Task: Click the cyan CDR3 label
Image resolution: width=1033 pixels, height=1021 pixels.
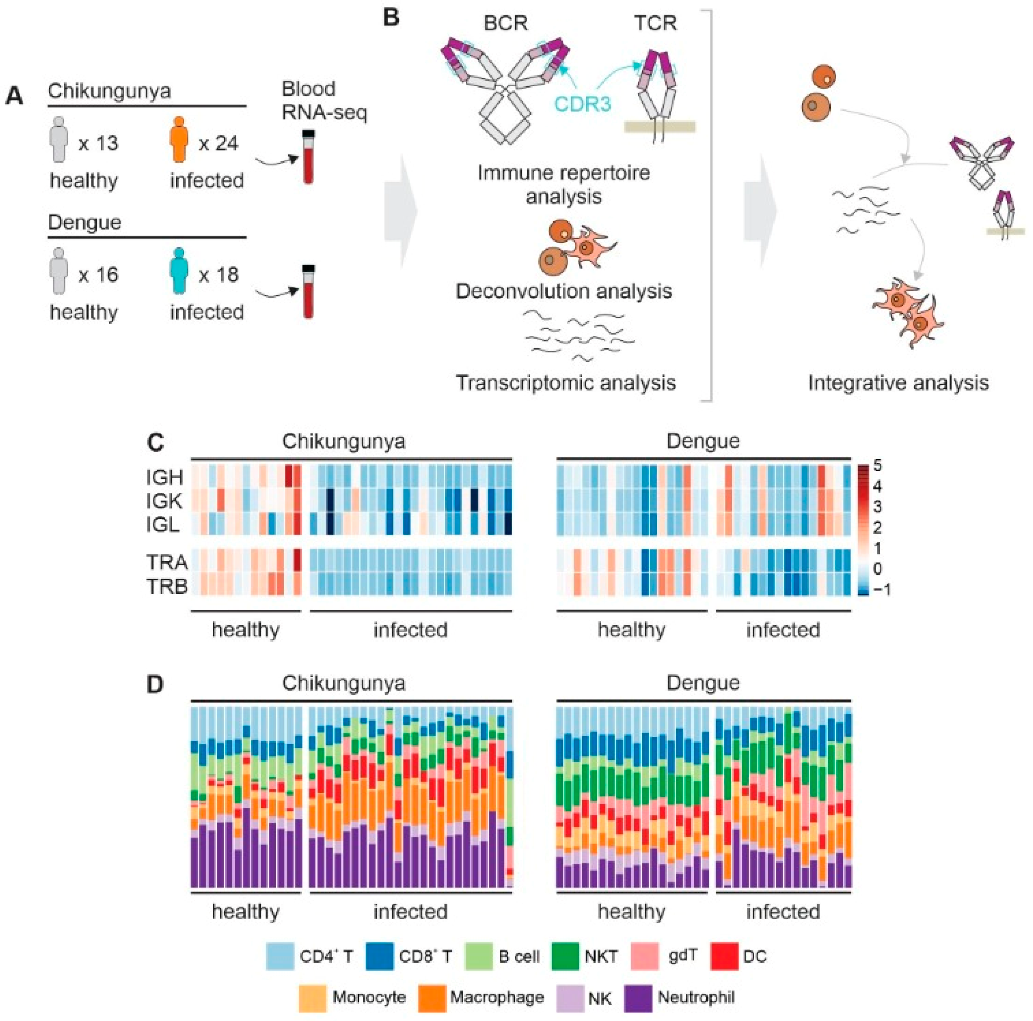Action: (x=582, y=103)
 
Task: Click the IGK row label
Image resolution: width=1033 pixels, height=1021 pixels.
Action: (x=165, y=501)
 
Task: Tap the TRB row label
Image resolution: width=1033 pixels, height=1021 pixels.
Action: (x=167, y=587)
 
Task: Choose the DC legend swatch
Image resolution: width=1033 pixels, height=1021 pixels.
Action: (x=724, y=956)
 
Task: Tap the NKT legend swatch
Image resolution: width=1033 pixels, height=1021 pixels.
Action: (x=565, y=956)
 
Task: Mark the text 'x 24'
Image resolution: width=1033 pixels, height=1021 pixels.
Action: (x=218, y=143)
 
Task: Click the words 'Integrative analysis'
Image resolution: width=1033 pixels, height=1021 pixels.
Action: (x=898, y=383)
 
